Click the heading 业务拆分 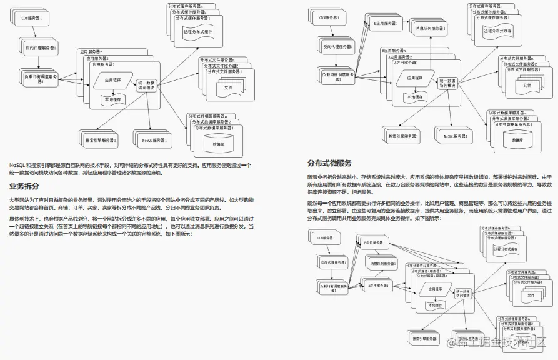pos(24,186)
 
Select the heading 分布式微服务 pos(329,164)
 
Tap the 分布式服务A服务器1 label pos(432,276)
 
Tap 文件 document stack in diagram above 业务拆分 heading pos(227,87)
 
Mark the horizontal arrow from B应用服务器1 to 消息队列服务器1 pos(403,26)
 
